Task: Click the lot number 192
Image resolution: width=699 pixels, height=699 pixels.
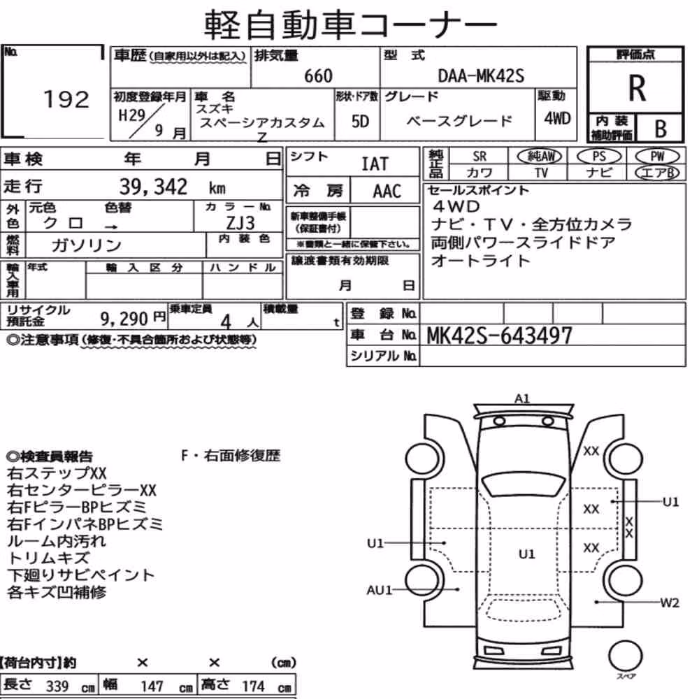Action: coord(66,99)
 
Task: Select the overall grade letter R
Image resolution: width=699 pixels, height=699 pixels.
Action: coord(637,88)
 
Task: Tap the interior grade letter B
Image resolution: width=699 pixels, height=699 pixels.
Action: coord(661,129)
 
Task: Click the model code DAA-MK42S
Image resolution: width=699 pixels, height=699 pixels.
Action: coord(481,75)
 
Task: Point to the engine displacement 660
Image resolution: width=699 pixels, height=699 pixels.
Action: coord(318,75)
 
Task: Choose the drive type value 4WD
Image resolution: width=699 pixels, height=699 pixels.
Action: coord(557,119)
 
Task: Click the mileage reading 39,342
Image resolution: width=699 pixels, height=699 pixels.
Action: coord(153,187)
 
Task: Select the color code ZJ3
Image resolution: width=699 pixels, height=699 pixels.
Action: coord(240,222)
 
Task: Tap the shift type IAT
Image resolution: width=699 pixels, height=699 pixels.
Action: coord(375,164)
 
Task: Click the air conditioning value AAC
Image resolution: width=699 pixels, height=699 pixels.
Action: coord(387,192)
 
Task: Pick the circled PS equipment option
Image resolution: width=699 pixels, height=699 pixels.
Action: coord(599,157)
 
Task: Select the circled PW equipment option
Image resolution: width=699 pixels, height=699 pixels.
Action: coord(657,157)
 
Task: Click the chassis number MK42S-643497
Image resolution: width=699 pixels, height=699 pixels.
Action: coord(499,336)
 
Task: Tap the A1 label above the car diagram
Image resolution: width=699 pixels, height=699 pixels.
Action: coord(522,398)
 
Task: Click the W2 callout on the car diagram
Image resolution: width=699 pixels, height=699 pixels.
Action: coord(670,603)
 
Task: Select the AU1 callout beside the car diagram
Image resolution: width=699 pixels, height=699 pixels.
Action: coord(379,590)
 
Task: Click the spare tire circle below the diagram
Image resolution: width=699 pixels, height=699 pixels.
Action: coord(626,656)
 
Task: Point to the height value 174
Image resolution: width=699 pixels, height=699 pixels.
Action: coord(253,686)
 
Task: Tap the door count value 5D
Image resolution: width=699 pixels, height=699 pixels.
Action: coord(360,121)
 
